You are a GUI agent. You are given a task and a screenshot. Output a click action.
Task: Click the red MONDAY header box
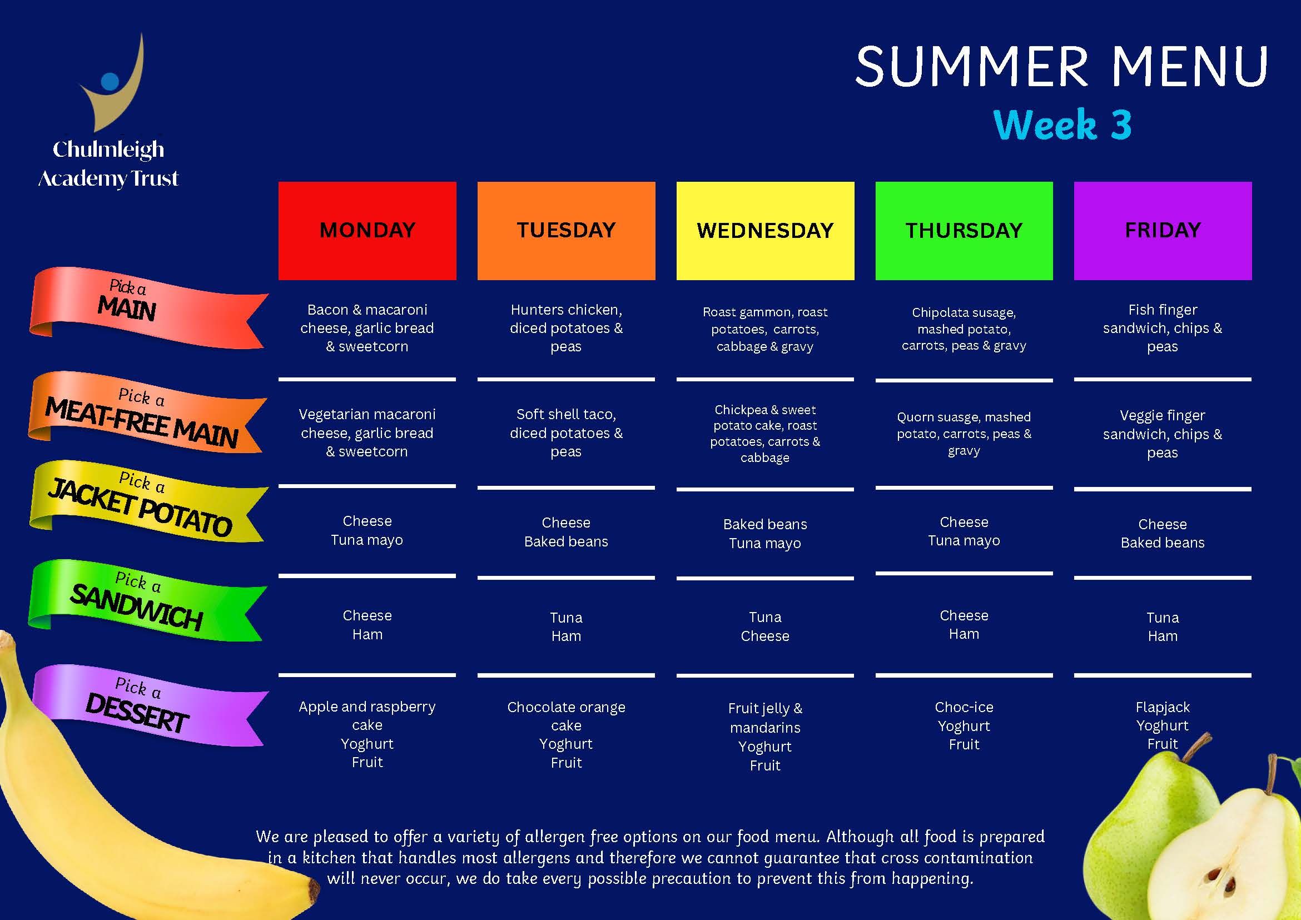tap(367, 231)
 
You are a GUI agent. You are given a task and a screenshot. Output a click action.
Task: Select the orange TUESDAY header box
tap(566, 231)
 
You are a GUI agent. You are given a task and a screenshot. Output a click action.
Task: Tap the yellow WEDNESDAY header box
tap(765, 231)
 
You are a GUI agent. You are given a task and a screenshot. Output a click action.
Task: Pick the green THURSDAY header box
tap(964, 231)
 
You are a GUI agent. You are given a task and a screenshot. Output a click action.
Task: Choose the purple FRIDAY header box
tap(1163, 231)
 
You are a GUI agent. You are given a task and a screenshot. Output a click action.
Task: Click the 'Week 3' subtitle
tap(1062, 124)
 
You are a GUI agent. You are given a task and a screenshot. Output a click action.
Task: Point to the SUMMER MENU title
tap(1061, 66)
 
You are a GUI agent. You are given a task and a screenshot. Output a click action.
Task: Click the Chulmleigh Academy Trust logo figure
tap(113, 82)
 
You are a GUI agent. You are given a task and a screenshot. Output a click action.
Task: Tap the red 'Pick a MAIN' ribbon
tap(147, 307)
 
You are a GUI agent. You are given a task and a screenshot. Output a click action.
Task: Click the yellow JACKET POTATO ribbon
tap(147, 501)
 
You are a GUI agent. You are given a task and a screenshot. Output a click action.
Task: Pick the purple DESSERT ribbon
tap(148, 705)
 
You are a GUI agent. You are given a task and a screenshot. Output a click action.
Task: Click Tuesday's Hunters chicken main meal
tap(566, 328)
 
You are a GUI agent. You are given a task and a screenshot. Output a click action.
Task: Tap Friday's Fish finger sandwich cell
tap(1162, 328)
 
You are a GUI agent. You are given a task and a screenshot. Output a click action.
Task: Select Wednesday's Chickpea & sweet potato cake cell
tap(765, 434)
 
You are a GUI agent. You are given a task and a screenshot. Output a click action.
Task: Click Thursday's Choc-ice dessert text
tap(964, 707)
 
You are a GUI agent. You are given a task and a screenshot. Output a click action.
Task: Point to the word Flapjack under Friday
tap(1162, 707)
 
